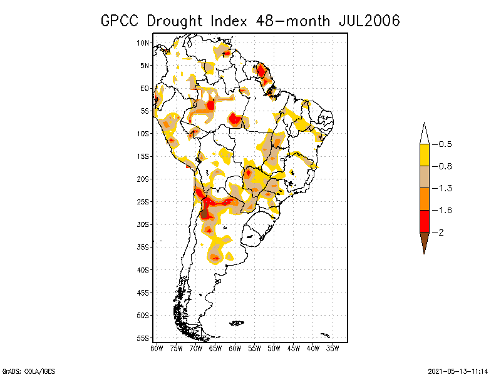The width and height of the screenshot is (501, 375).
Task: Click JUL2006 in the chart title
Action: point(369,21)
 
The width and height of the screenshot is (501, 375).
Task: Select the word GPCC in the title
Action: point(121,21)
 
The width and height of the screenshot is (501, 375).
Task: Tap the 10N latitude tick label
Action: point(143,42)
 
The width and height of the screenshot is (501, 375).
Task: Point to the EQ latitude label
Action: point(145,88)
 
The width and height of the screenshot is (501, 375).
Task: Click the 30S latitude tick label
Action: point(143,224)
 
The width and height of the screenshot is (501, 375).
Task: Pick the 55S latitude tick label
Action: point(143,338)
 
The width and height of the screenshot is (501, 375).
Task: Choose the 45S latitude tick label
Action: point(143,292)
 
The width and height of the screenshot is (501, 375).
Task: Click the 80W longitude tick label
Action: point(157,349)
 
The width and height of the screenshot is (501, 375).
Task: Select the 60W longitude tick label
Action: point(235,349)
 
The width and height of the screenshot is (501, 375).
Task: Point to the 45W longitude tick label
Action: point(294,349)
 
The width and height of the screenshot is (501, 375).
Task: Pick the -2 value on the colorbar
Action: point(440,232)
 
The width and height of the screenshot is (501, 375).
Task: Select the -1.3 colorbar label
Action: point(443,188)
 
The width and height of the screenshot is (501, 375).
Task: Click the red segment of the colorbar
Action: point(424,221)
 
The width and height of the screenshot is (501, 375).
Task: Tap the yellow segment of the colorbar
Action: point(424,155)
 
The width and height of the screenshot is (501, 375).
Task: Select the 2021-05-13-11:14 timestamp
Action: point(458,370)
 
